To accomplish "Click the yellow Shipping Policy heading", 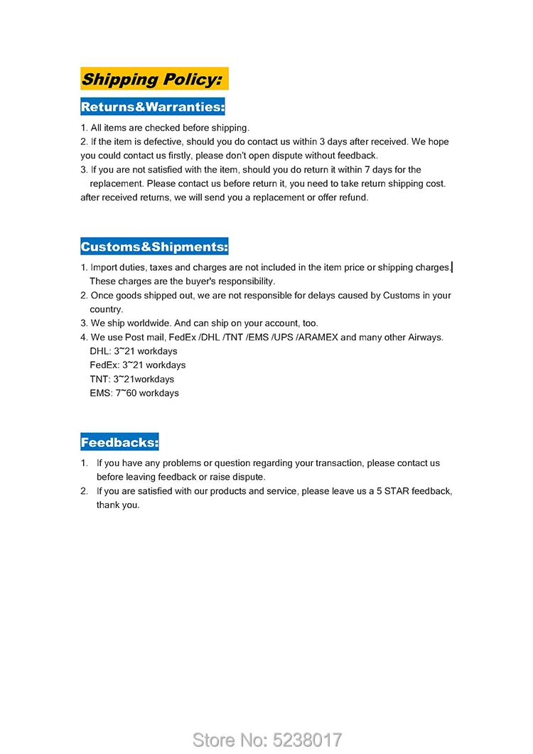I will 154,79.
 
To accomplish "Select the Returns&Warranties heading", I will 153,107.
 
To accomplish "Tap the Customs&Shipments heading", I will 154,247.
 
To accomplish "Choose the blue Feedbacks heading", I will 119,443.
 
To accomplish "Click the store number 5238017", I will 308,740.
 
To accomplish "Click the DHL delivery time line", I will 134,352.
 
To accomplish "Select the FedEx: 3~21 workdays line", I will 138,365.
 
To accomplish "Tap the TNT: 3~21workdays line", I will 132,379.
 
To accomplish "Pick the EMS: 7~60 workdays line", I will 134,393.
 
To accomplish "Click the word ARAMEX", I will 318,338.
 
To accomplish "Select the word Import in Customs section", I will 105,268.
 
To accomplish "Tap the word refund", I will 352,198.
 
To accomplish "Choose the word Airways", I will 425,338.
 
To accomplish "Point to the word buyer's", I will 185,281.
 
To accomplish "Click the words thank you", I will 118,505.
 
